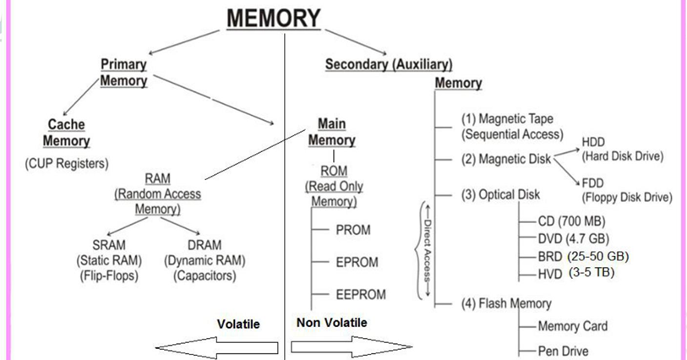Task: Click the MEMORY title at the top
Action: (x=273, y=17)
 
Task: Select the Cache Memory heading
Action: (x=67, y=133)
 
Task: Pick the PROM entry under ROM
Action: (x=353, y=230)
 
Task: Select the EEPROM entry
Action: (x=361, y=294)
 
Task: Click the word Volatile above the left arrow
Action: (x=238, y=324)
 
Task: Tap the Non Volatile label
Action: (x=332, y=323)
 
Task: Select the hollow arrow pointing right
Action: (x=349, y=347)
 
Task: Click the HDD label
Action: (x=594, y=142)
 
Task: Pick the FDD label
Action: (x=594, y=183)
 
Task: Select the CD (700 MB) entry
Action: (x=569, y=221)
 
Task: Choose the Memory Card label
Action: (x=572, y=326)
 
